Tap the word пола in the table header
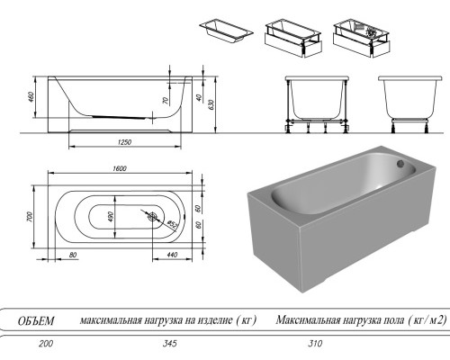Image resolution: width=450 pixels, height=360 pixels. click(390, 319)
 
